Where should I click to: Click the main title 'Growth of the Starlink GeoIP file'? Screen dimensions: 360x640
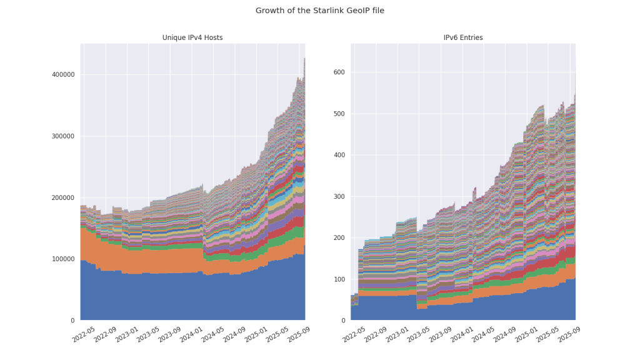pos(320,11)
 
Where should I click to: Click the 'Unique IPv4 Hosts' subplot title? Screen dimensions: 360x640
pos(192,38)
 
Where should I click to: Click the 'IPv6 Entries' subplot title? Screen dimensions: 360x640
pos(463,38)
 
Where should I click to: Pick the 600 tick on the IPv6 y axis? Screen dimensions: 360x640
pos(339,72)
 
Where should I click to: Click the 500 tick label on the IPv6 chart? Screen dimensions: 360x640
pos(339,114)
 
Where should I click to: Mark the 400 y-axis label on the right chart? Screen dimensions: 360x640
pos(339,155)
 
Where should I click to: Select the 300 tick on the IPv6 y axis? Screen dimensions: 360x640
pos(339,197)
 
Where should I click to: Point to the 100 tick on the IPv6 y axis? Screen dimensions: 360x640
pos(339,279)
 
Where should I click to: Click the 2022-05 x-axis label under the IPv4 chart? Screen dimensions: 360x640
pos(84,334)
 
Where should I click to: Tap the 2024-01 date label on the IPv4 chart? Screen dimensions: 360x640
pos(190,334)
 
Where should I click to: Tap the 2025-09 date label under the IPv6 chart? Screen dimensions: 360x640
pos(566,334)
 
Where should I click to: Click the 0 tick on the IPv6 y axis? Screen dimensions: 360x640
pos(343,321)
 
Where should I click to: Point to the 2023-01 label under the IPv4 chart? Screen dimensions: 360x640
pos(126,334)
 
